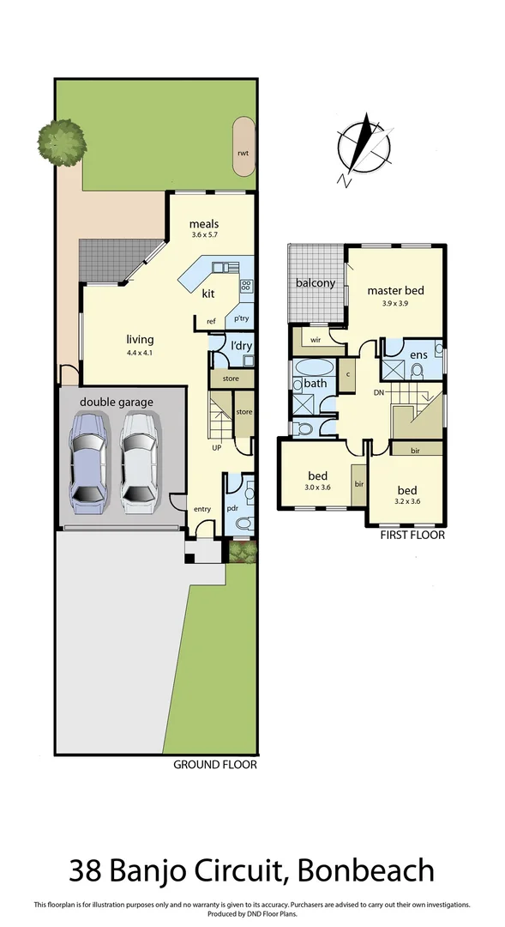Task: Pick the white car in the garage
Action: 140,461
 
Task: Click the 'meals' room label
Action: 205,225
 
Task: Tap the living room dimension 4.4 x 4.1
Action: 140,351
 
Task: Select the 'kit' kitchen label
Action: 207,294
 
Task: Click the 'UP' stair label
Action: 218,447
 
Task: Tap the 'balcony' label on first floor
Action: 315,282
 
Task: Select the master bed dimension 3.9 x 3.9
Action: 395,302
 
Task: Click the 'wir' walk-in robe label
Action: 315,340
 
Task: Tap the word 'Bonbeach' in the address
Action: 366,871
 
